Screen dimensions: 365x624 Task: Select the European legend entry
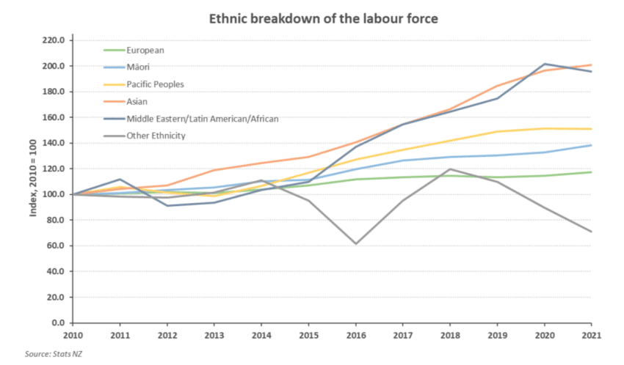(x=145, y=51)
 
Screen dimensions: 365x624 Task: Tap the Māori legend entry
(x=138, y=67)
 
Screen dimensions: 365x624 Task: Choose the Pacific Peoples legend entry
(x=155, y=84)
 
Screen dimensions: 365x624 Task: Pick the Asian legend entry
(x=137, y=101)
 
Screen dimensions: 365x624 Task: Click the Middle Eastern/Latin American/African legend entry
(x=203, y=118)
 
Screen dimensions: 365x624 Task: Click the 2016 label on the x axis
(x=355, y=336)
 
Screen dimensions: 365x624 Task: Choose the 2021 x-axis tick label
(x=592, y=336)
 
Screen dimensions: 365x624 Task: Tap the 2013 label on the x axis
(x=214, y=336)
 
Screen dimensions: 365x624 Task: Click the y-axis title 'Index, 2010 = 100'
(x=32, y=181)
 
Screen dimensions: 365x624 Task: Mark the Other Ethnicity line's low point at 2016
(x=355, y=243)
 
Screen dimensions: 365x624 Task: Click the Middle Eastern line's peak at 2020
(x=545, y=64)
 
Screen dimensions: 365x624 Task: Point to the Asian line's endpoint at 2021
(x=592, y=65)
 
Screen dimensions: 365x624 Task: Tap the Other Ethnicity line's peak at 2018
(x=450, y=169)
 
